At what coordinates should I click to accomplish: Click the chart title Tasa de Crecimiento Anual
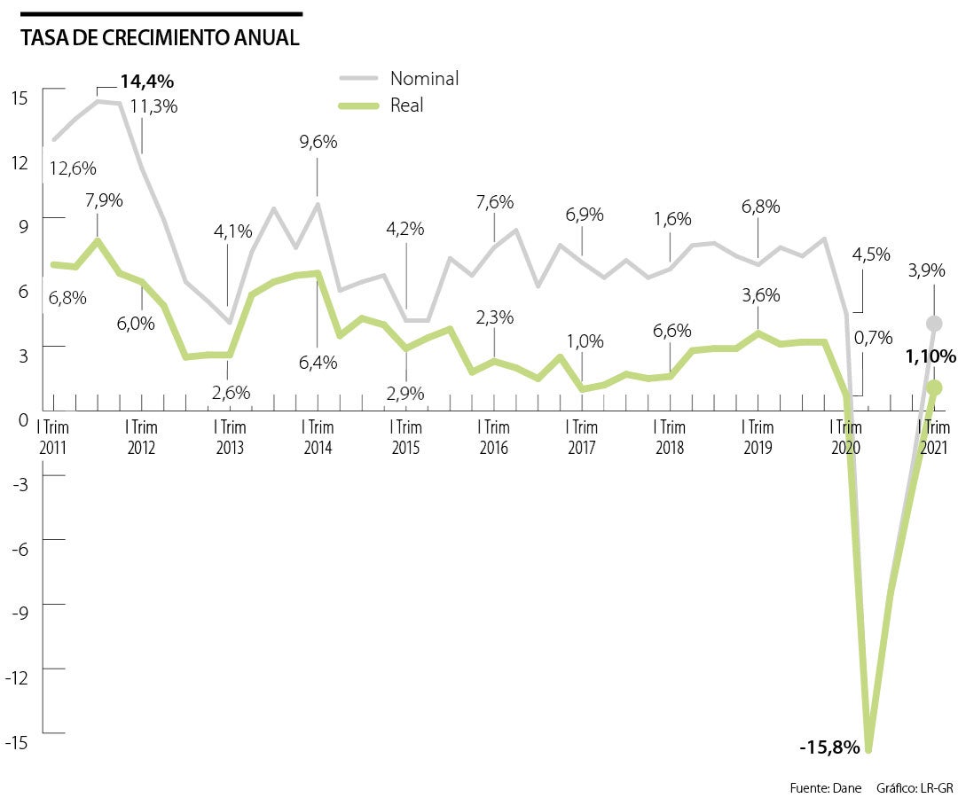(160, 38)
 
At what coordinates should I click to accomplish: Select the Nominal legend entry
(424, 78)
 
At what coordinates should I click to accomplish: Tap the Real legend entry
(406, 106)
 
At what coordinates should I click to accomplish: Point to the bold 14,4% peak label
(147, 82)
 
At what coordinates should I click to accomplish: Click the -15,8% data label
(829, 747)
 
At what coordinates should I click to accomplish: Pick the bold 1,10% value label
(931, 357)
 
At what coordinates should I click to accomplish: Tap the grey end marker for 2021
(933, 324)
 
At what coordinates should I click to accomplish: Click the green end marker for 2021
(933, 387)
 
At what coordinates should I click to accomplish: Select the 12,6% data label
(73, 168)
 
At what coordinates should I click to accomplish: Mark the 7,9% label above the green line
(105, 200)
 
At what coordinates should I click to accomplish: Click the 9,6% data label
(318, 141)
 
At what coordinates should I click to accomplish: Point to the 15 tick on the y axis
(20, 97)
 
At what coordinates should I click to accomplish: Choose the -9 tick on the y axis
(20, 612)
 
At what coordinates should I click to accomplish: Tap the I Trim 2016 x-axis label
(493, 437)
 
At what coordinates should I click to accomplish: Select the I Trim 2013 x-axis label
(229, 437)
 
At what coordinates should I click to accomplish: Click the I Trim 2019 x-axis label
(758, 437)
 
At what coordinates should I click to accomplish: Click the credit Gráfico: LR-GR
(915, 787)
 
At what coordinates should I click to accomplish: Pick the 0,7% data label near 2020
(870, 337)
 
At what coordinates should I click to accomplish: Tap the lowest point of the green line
(868, 750)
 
